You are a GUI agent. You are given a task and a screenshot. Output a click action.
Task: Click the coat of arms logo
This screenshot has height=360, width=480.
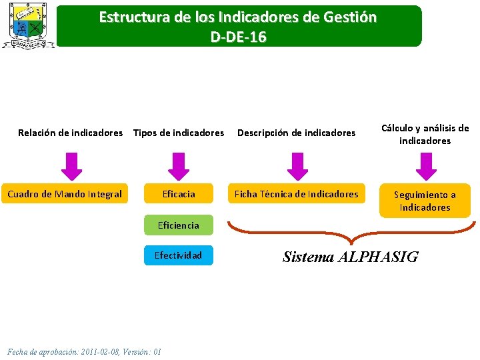[x=28, y=25]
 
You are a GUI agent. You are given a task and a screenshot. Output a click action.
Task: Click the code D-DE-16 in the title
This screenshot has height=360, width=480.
[x=239, y=37]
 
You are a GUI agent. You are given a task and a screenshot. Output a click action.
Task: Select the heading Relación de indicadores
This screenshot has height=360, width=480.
[x=70, y=133]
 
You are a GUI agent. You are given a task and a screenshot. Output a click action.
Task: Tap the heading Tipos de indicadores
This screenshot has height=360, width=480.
[x=179, y=133]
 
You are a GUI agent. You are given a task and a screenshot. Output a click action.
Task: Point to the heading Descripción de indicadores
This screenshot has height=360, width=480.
[x=297, y=133]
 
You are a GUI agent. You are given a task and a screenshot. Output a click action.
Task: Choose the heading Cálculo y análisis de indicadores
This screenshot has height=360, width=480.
[x=425, y=134]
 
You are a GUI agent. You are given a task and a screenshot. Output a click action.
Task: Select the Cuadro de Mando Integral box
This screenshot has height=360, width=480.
[x=65, y=194]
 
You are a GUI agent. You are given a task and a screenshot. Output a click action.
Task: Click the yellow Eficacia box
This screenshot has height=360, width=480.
[x=179, y=194]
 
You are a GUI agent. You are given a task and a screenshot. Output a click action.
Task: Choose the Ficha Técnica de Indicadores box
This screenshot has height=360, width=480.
[x=296, y=194]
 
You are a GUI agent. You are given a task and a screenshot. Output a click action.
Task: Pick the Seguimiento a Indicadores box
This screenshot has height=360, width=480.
[x=425, y=201]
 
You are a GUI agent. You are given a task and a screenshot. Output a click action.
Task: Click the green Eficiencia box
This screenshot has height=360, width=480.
[x=179, y=225]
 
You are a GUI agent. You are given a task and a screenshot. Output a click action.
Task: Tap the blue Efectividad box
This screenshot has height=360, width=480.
[x=179, y=255]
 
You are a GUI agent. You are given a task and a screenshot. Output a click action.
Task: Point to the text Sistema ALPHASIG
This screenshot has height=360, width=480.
[x=350, y=257]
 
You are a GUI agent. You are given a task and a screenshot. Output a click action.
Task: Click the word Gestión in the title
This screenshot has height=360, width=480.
[x=349, y=17]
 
